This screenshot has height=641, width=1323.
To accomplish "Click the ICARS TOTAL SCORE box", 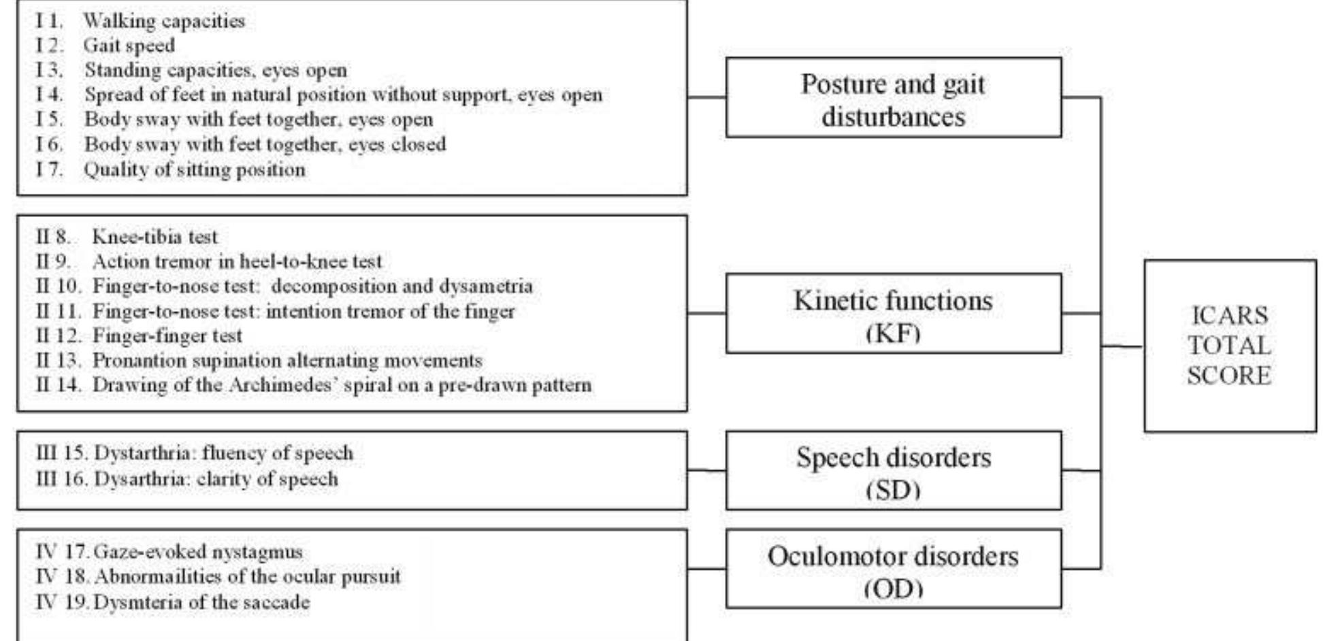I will tap(1229, 346).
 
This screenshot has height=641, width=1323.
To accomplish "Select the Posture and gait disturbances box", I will tap(893, 98).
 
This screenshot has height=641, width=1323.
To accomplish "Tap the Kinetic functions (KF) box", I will tap(893, 314).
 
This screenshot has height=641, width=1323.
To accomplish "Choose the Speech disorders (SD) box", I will tap(893, 470).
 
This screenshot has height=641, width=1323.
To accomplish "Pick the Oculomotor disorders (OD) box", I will tap(893, 569).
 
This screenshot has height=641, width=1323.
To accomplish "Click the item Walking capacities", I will tap(163, 21).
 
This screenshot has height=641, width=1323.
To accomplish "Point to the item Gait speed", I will tap(129, 46).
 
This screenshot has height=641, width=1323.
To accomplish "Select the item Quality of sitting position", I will tap(194, 169).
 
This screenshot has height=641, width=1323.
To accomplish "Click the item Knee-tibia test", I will tap(154, 237).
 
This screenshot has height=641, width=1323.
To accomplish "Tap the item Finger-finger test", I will tap(167, 335).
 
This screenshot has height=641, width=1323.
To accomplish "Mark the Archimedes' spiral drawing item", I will tap(342, 385).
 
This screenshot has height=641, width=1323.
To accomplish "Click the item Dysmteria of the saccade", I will tap(201, 602).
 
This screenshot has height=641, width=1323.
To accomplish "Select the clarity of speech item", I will tap(216, 479).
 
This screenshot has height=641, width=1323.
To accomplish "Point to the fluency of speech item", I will tap(223, 453).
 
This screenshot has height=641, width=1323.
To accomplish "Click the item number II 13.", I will tap(58, 360).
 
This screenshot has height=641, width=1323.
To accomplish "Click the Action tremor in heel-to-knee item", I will tap(237, 261).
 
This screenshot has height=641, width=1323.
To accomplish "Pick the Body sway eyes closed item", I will tap(265, 144).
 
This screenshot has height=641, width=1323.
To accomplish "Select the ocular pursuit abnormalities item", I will tap(246, 577).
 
